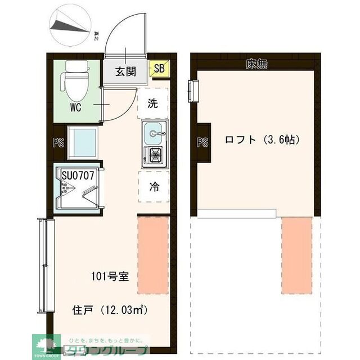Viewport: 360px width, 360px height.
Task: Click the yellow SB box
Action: (x=159, y=69)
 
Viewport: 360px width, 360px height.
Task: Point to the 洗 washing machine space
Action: (x=153, y=103)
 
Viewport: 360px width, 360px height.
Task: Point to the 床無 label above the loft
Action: (x=256, y=64)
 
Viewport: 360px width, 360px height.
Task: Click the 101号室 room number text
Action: (x=111, y=276)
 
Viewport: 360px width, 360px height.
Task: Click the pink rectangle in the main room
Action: (x=153, y=255)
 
